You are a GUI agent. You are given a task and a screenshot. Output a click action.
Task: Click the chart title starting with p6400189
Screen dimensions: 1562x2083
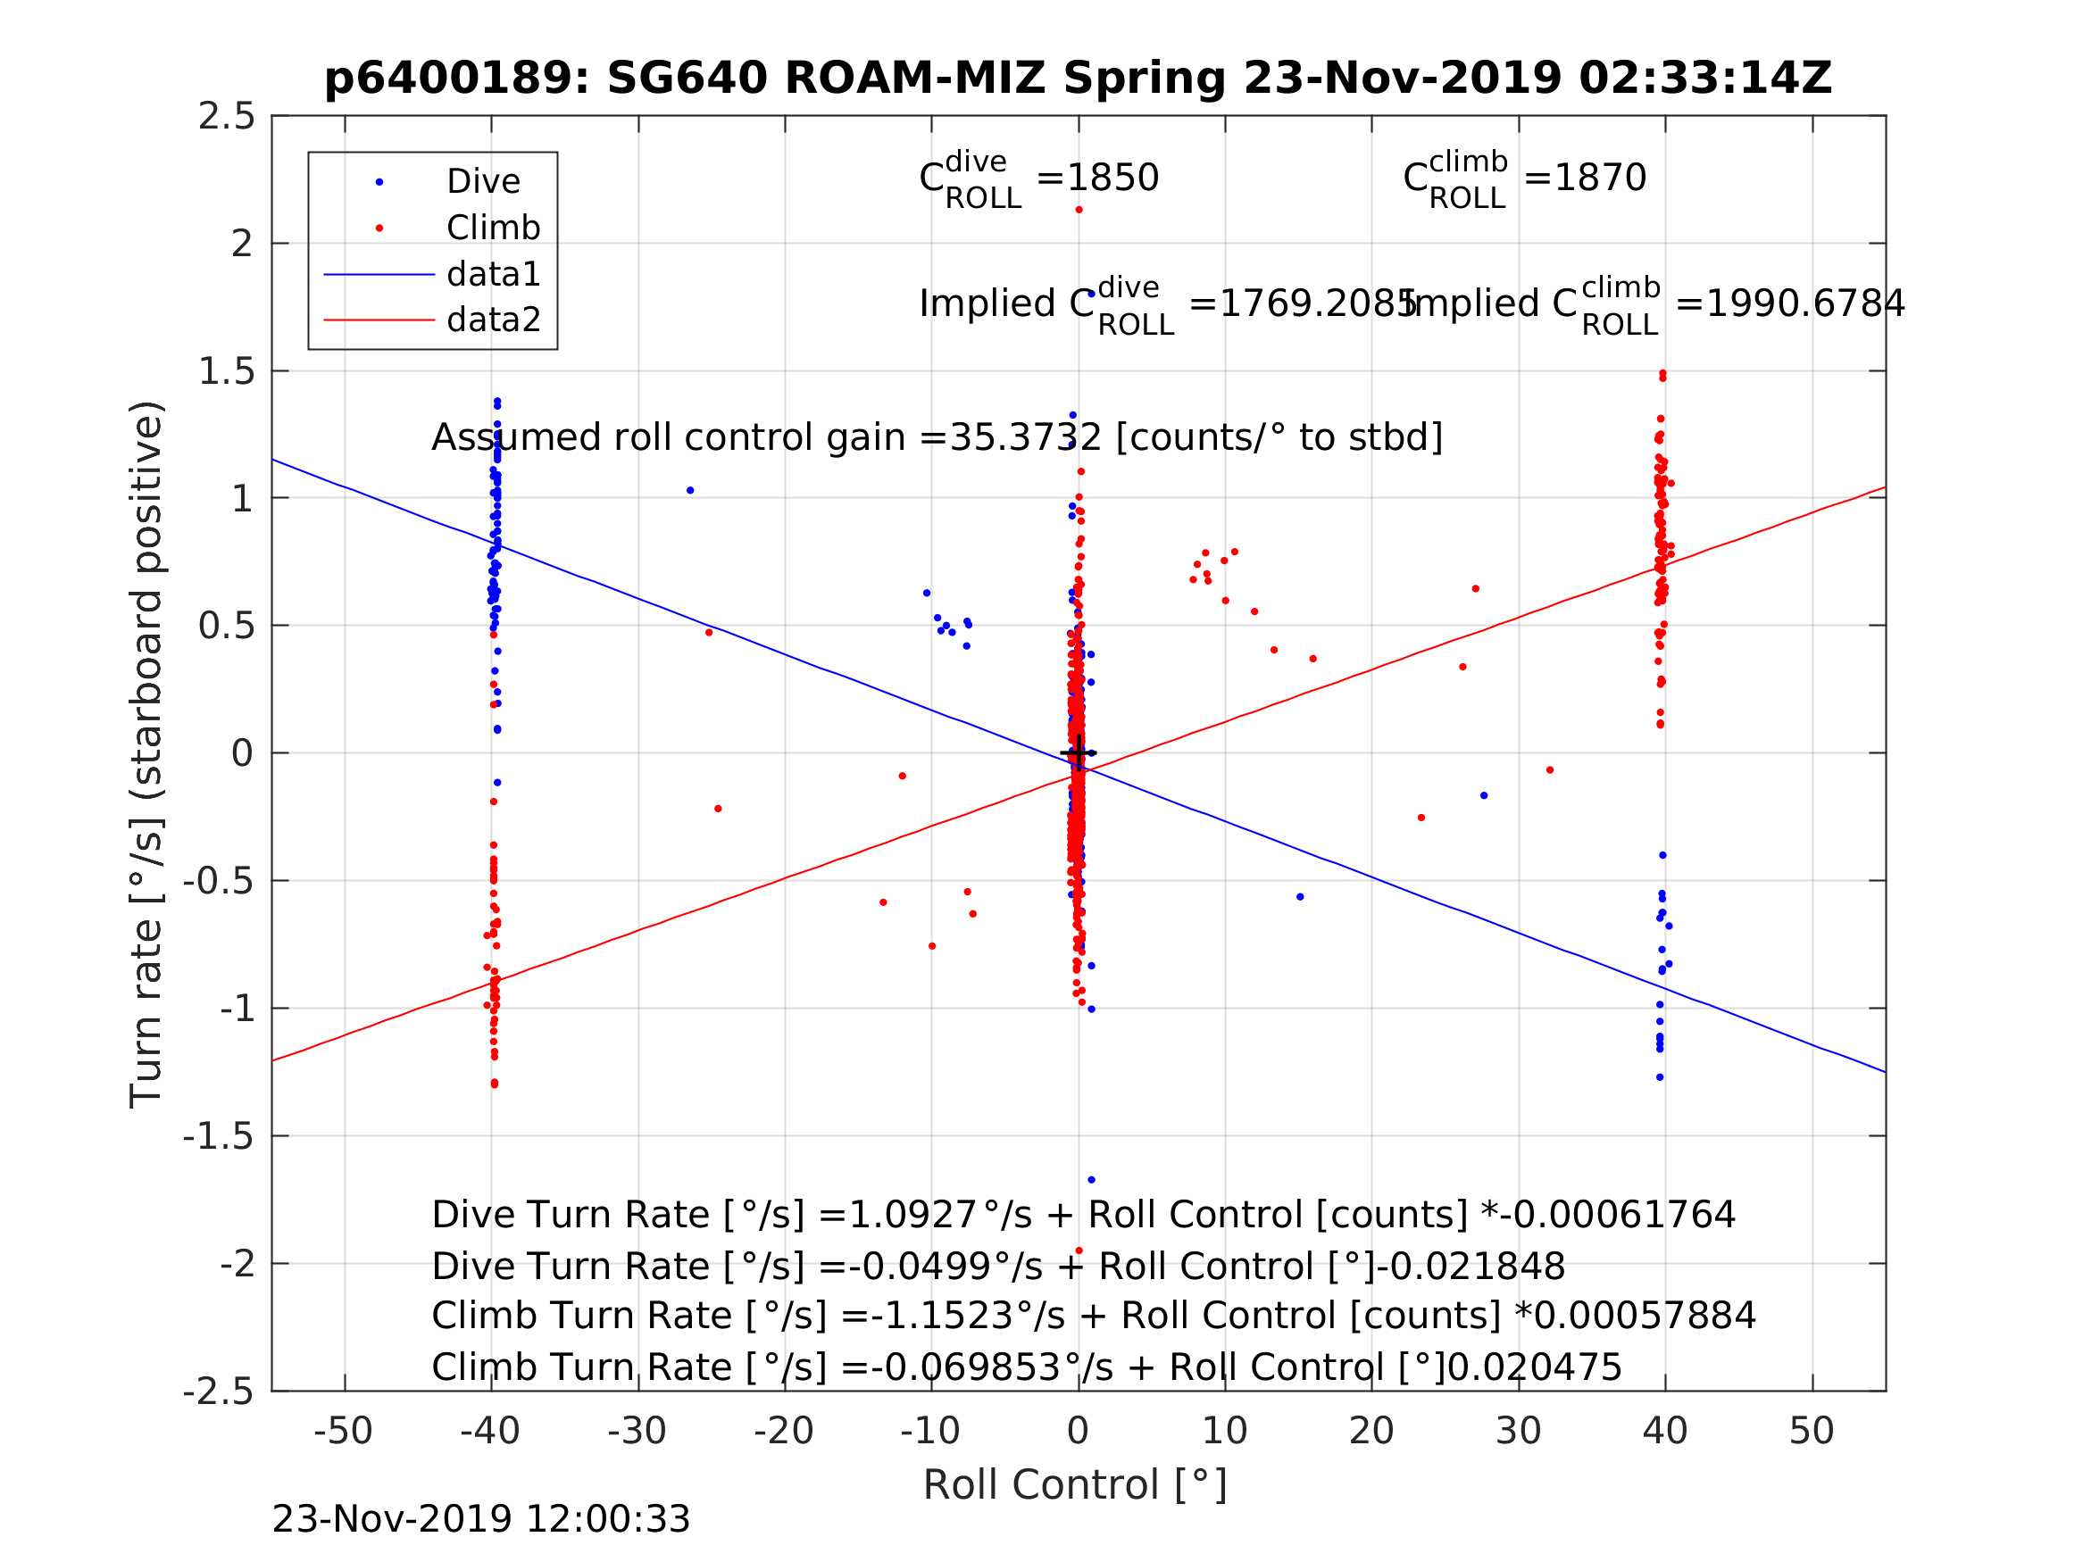click(1079, 79)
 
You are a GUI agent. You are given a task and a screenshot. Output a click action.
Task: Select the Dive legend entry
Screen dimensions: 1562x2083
click(482, 182)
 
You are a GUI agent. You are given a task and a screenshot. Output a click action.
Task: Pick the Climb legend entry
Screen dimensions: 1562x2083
click(493, 228)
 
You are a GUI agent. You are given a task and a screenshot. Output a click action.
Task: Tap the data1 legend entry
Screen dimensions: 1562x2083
click(493, 274)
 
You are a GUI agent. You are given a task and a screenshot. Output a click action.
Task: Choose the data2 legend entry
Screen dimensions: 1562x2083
click(493, 320)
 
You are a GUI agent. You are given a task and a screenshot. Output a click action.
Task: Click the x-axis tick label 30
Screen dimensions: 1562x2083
click(1518, 1431)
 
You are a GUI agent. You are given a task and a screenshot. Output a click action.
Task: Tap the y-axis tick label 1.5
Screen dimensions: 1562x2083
click(226, 372)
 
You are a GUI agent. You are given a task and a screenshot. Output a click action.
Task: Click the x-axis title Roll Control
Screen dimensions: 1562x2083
click(1074, 1485)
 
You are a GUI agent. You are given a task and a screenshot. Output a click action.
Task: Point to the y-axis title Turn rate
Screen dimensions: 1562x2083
click(147, 754)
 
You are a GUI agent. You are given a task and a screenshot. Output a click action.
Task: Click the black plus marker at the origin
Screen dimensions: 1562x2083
click(1079, 753)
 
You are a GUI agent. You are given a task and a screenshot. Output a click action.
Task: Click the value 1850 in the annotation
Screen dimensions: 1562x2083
click(1112, 178)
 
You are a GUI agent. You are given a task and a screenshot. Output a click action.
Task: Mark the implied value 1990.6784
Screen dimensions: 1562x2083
click(1804, 304)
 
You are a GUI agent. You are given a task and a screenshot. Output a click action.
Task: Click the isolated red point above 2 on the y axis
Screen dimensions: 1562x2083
click(1079, 210)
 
